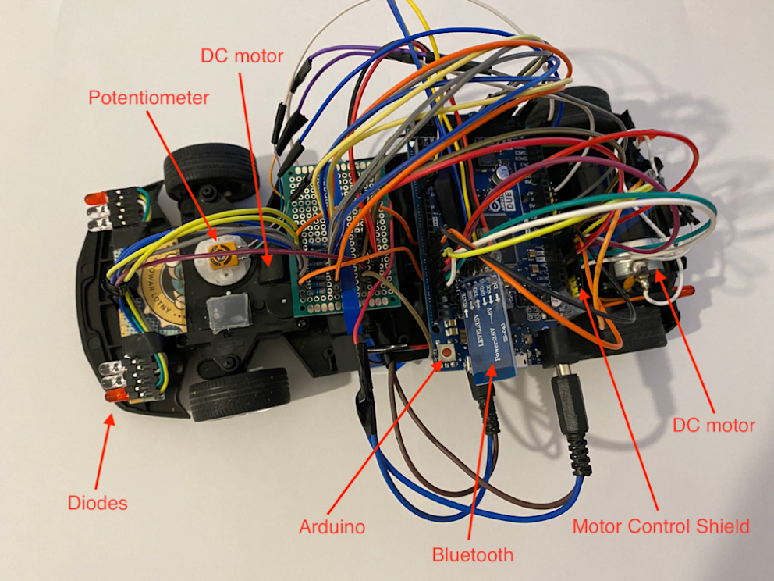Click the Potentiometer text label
pos(149,98)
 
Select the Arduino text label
pos(332,527)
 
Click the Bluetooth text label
pos(473,555)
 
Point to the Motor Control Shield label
pos(661,526)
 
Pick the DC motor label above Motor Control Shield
pos(713,426)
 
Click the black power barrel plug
pos(571,414)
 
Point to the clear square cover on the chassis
pos(227,313)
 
